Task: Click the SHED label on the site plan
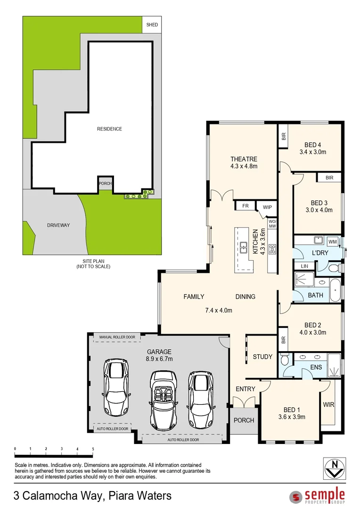pos(152,25)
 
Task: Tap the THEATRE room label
pos(244,159)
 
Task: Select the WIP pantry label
pos(267,207)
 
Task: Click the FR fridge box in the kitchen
pos(245,206)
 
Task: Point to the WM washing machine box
pos(333,242)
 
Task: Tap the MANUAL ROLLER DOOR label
pos(117,337)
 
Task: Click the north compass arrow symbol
pos(335,468)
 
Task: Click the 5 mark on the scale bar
pos(93,449)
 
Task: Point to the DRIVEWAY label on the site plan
pos(58,225)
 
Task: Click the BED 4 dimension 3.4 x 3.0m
pos(313,152)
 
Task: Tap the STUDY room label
pos(262,357)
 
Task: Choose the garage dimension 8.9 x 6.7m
pos(159,359)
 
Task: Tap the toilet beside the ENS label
pos(285,361)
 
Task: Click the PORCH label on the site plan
pos(105,184)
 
